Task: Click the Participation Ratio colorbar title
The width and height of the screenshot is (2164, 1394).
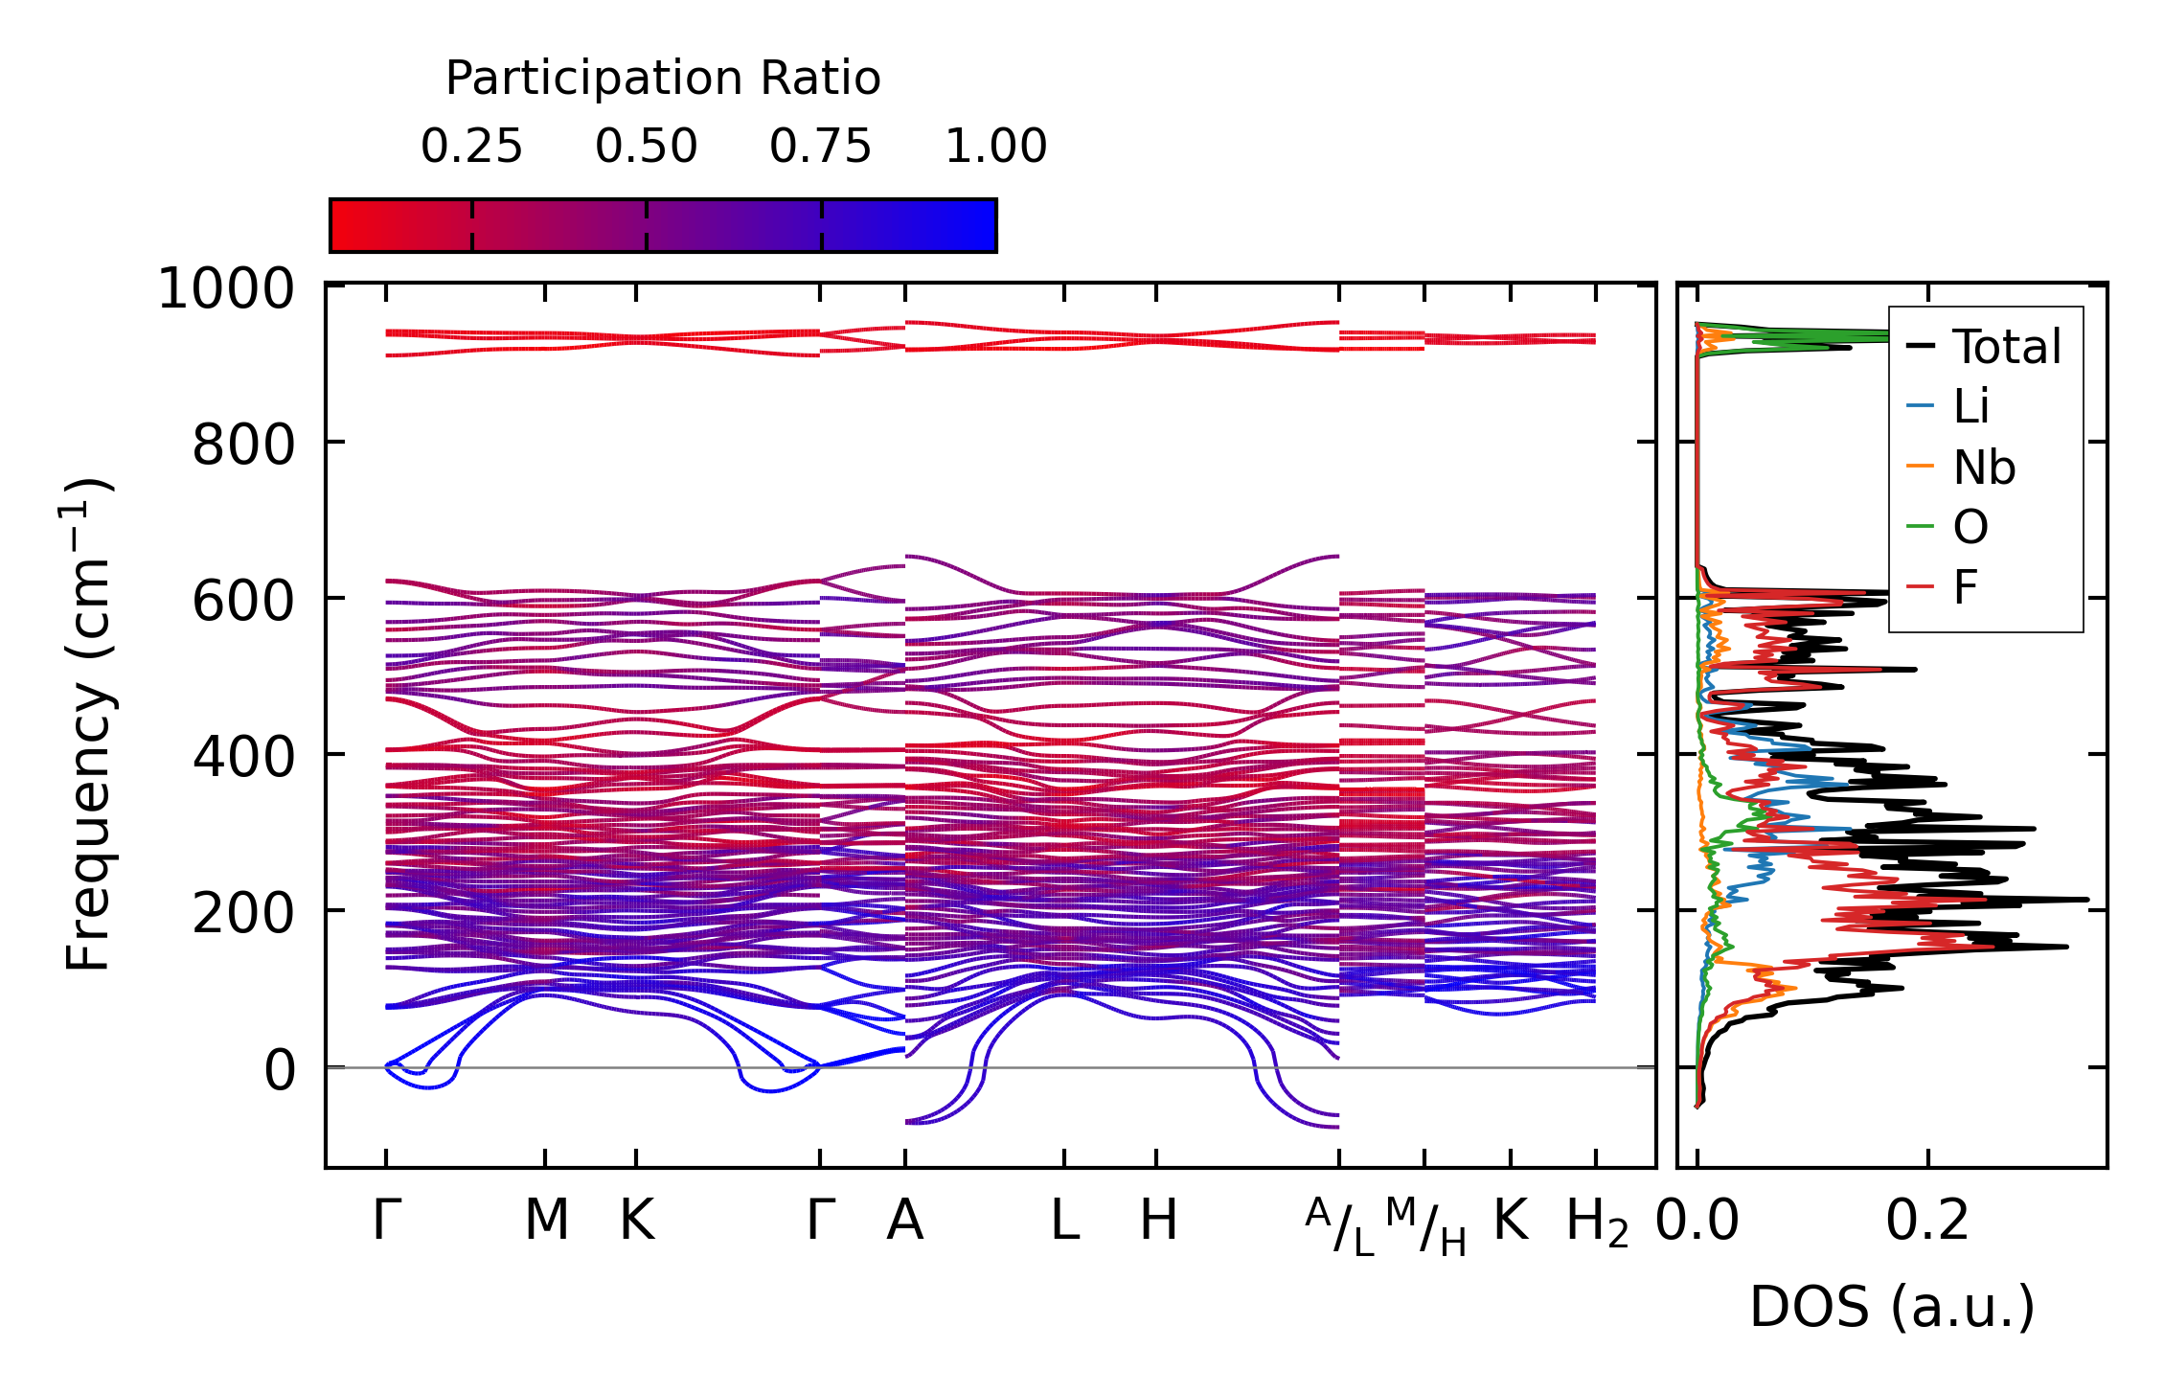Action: (x=663, y=79)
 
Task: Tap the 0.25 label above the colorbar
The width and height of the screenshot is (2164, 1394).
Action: (x=471, y=148)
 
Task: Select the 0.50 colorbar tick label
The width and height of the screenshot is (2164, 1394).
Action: (x=646, y=148)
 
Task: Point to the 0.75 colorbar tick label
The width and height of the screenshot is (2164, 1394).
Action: (x=820, y=148)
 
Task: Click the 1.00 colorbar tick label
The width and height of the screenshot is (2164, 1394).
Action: (x=995, y=148)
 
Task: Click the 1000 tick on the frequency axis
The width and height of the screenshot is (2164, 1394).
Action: (x=226, y=289)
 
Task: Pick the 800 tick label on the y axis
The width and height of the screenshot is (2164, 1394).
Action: (x=243, y=446)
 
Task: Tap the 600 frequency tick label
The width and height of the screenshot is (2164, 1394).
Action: (x=243, y=602)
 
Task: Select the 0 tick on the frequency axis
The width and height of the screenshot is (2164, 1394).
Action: (x=280, y=1070)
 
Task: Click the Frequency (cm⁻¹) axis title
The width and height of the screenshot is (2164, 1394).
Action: (x=88, y=724)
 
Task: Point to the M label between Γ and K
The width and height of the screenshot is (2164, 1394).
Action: (x=546, y=1221)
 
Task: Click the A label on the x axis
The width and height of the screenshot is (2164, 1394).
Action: (x=904, y=1221)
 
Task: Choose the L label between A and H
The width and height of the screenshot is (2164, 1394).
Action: (x=1064, y=1221)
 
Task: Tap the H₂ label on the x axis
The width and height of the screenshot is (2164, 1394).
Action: (x=1596, y=1223)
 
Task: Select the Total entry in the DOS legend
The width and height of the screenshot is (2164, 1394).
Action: (x=2006, y=347)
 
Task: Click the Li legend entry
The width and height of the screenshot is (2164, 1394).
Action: (x=1970, y=406)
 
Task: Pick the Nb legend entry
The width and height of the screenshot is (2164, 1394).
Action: (x=1984, y=468)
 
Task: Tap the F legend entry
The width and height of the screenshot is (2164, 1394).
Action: (x=1966, y=587)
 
